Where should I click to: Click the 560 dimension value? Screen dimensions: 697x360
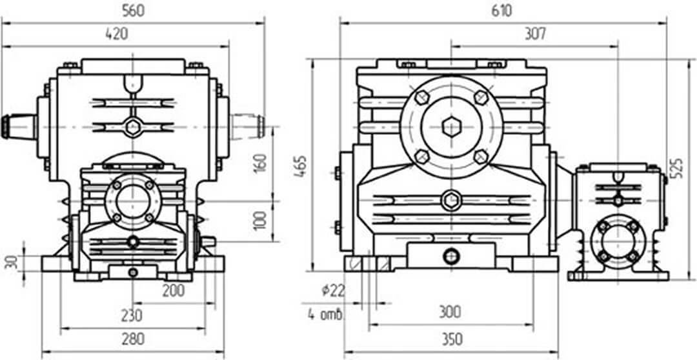click(x=133, y=11)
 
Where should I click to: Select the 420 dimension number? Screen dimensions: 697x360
click(x=116, y=34)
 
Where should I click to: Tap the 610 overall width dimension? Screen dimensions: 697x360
click(x=501, y=11)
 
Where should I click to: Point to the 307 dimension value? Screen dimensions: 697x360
click(x=535, y=34)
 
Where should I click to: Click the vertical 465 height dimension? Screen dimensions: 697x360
click(x=301, y=166)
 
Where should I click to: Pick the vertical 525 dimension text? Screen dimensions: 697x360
click(x=678, y=168)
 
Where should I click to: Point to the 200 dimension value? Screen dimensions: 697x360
click(x=174, y=291)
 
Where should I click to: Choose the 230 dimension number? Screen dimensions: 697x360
click(x=132, y=315)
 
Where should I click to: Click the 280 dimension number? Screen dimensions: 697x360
click(x=132, y=339)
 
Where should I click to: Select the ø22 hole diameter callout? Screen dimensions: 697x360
click(x=332, y=291)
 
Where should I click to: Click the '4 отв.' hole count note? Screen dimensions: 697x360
click(x=325, y=315)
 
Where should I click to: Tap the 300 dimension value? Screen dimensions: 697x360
click(x=450, y=312)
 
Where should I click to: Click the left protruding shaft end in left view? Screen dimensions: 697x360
click(x=19, y=126)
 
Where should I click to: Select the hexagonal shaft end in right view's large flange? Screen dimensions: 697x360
click(x=451, y=127)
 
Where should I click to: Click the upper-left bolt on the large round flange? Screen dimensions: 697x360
click(x=422, y=97)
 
